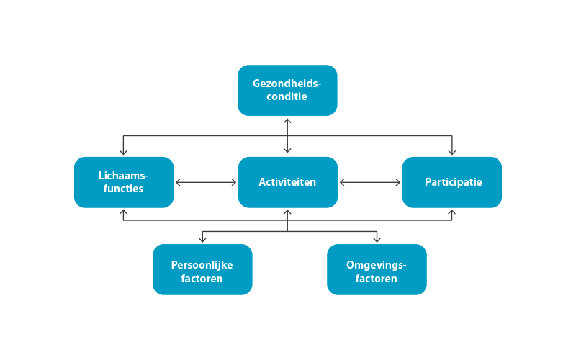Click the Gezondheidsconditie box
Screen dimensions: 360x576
(x=287, y=90)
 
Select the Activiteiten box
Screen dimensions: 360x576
(x=287, y=182)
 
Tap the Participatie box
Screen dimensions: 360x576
(x=452, y=182)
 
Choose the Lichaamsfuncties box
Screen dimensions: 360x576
(x=123, y=182)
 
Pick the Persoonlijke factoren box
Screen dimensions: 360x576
(x=202, y=270)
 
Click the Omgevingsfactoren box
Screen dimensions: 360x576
(x=377, y=270)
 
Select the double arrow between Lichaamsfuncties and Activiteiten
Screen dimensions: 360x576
(x=206, y=183)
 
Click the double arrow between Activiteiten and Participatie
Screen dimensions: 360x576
(x=370, y=183)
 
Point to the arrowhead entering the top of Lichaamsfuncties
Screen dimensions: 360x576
(x=123, y=152)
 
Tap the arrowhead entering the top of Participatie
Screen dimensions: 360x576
(x=452, y=152)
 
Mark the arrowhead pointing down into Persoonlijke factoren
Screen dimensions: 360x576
(x=202, y=240)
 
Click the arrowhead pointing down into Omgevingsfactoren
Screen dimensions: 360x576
(x=377, y=240)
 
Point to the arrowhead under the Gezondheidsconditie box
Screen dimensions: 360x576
(x=287, y=120)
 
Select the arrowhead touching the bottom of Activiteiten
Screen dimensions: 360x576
(x=287, y=213)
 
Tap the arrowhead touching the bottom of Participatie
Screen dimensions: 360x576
(x=452, y=213)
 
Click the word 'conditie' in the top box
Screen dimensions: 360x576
(x=287, y=96)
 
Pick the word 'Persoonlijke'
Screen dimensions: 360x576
(x=202, y=264)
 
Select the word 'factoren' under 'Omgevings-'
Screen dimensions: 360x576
(x=377, y=278)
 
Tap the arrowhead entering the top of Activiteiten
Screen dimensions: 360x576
(x=287, y=151)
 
